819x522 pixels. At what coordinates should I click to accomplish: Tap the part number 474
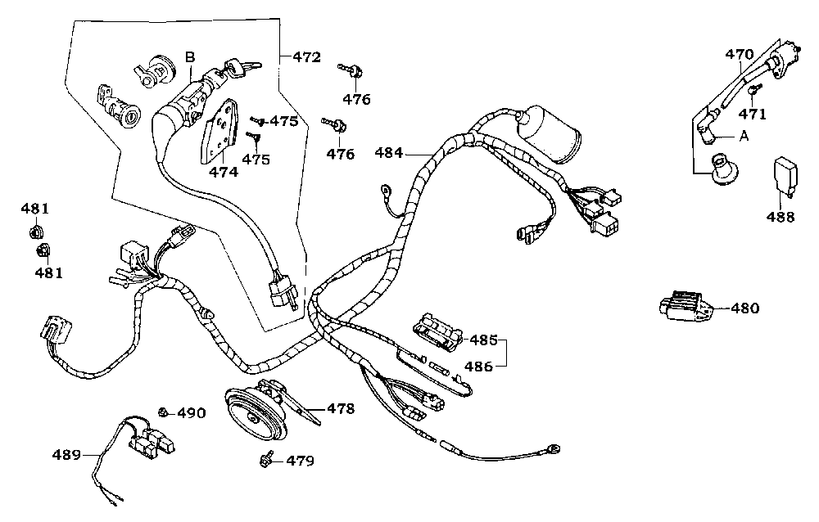click(224, 173)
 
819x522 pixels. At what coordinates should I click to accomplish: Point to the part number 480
click(744, 308)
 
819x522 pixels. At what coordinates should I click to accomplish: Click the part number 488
click(781, 217)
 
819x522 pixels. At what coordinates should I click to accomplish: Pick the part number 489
click(68, 454)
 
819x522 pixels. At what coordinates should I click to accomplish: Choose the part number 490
click(192, 413)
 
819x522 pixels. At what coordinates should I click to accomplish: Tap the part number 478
click(341, 408)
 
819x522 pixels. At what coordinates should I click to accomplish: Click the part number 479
click(300, 461)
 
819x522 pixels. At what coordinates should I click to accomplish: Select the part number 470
click(739, 55)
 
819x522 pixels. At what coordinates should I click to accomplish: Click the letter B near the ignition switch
click(190, 56)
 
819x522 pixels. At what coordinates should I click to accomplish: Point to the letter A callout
click(744, 136)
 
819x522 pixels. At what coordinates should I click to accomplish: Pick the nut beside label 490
click(164, 412)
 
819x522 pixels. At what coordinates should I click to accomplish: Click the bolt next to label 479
click(267, 460)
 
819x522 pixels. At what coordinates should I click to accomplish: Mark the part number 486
click(480, 367)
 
